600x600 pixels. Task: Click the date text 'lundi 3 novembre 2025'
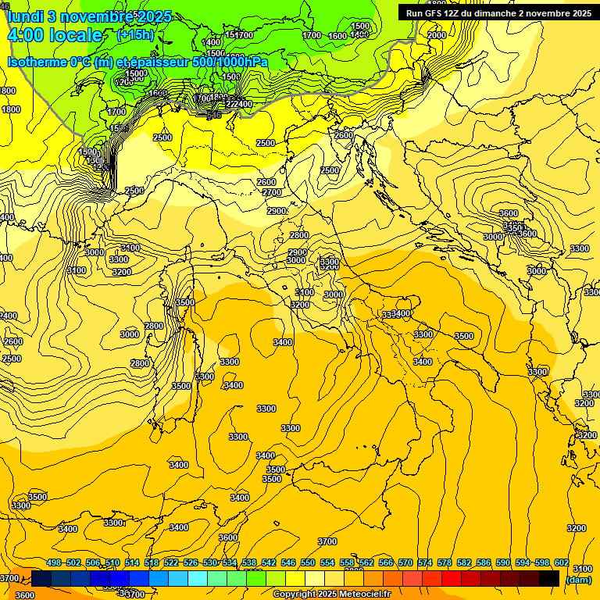(89, 16)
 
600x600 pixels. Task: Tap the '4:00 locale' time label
(55, 35)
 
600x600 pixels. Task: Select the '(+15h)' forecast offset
(134, 34)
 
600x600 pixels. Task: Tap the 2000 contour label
(437, 35)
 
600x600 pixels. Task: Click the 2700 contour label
(271, 192)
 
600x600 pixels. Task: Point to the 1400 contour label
(211, 42)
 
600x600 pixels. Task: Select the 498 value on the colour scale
(54, 562)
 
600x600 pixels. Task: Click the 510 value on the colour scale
(112, 562)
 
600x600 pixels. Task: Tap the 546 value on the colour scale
(288, 562)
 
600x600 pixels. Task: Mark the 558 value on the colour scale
(347, 562)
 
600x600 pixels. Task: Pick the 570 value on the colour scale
(405, 562)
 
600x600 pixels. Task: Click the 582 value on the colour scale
(464, 562)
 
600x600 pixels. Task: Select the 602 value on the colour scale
(562, 562)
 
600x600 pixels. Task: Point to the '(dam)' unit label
(577, 579)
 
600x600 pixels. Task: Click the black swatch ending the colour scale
(549, 578)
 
